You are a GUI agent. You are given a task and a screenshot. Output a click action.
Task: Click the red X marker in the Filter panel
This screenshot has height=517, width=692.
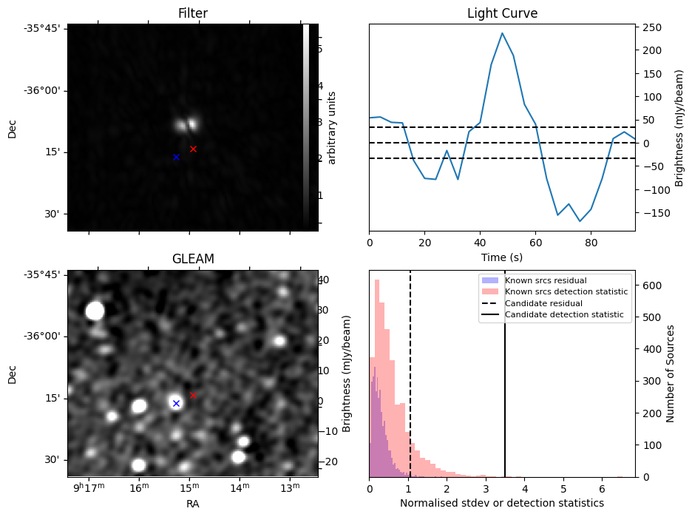193,149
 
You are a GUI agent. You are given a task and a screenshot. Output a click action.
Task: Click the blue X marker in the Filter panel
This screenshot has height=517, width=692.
176,157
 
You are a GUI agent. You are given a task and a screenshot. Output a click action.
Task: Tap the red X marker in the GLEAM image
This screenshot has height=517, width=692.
193,395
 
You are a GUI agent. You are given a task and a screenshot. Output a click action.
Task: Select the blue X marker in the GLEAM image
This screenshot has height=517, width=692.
176,403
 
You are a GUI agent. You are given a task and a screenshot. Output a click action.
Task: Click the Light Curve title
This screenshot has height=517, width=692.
502,14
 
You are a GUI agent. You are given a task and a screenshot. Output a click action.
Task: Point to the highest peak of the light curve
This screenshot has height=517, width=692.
502,33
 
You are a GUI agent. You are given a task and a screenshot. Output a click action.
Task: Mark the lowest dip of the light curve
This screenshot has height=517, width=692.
580,221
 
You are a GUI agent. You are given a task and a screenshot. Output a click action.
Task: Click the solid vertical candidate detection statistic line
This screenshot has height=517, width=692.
505,385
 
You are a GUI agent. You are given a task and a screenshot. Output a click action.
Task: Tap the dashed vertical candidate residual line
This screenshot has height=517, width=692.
410,385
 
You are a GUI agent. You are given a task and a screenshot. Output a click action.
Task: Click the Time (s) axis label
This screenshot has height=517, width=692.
502,256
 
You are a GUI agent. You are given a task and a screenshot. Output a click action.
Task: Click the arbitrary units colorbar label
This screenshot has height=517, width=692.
332,127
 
